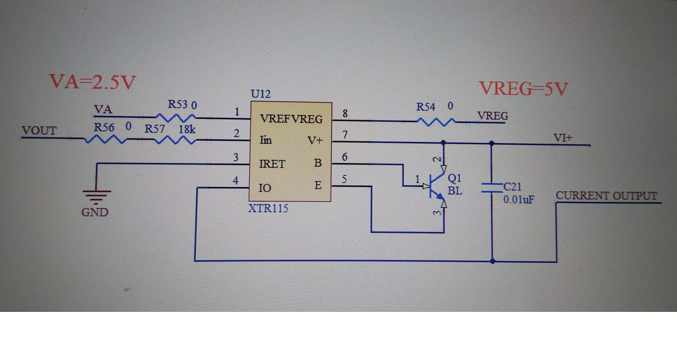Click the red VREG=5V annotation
point(523,89)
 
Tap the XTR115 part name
point(268,208)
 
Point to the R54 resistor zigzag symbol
point(436,122)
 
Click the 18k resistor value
point(187,128)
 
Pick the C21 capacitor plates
point(491,187)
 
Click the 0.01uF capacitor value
point(519,199)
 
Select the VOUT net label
point(39,130)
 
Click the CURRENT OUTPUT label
point(606,196)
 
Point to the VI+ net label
point(563,138)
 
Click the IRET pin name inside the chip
point(272,164)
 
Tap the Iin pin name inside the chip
point(266,140)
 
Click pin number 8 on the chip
point(345,113)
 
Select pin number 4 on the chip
point(236,181)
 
